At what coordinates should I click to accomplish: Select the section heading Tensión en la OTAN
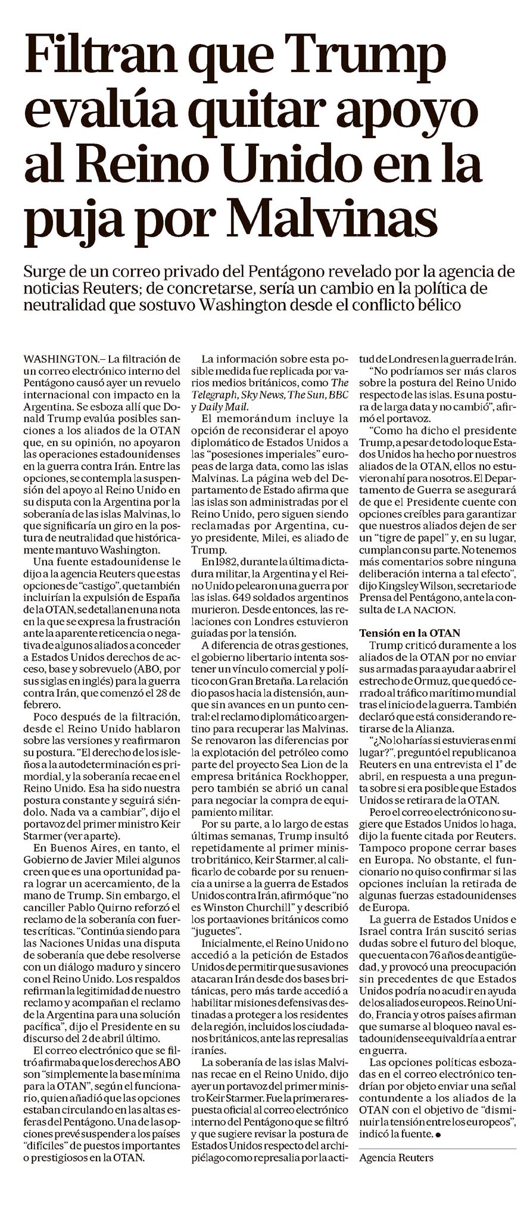pos(409,633)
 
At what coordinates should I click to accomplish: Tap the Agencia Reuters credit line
pos(396,1157)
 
